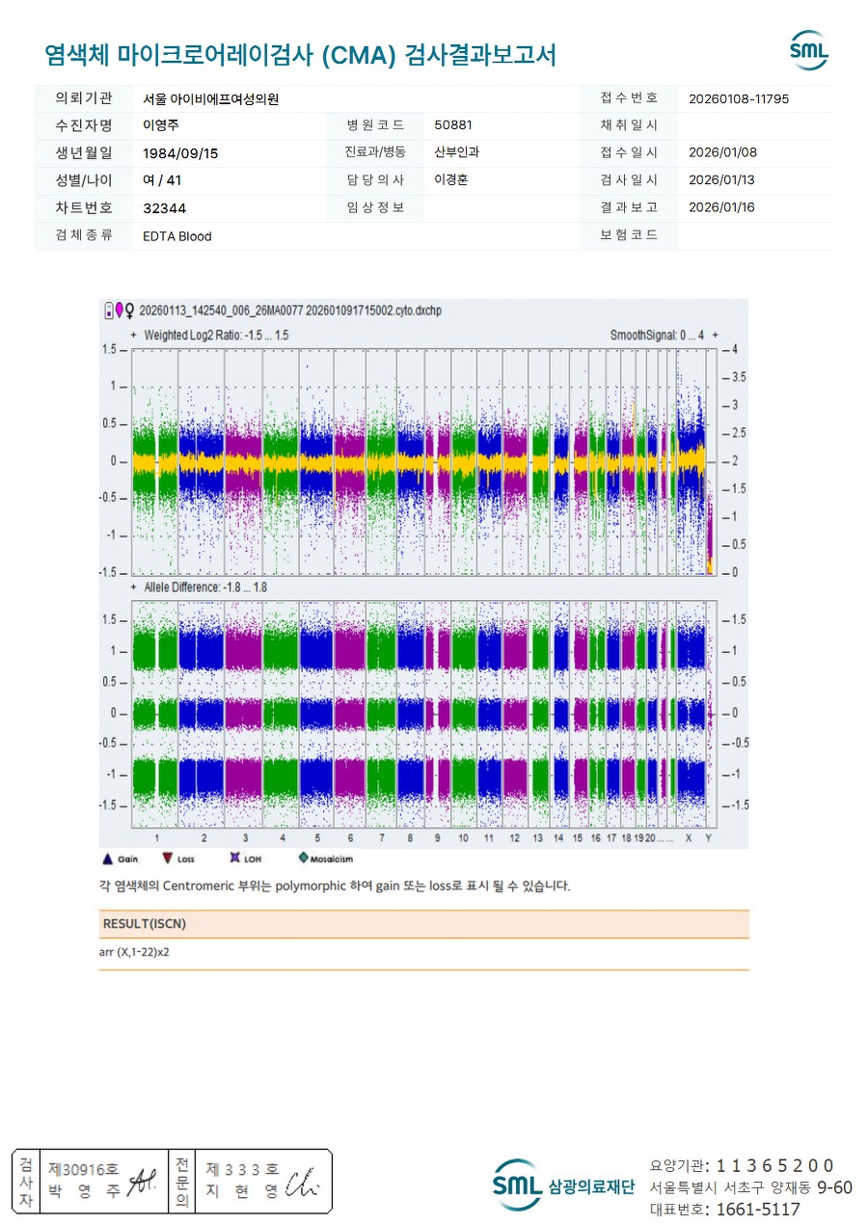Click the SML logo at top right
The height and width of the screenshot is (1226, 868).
(808, 50)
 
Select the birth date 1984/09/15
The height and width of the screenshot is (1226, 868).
(179, 153)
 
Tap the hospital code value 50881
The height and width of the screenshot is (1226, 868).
(453, 125)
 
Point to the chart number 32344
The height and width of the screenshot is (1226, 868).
(164, 208)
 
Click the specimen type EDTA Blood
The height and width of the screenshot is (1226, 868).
(176, 236)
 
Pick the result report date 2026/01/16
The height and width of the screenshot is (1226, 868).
(721, 207)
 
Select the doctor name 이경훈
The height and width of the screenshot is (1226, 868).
(451, 180)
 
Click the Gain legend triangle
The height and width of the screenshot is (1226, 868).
(108, 858)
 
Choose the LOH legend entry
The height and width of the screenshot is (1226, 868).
(234, 858)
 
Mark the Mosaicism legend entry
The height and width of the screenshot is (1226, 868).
(304, 858)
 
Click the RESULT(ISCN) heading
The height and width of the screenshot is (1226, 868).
(144, 924)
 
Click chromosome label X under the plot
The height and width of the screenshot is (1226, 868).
(689, 838)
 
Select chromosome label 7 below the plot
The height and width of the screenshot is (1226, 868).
(381, 838)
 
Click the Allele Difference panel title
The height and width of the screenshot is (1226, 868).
(205, 586)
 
